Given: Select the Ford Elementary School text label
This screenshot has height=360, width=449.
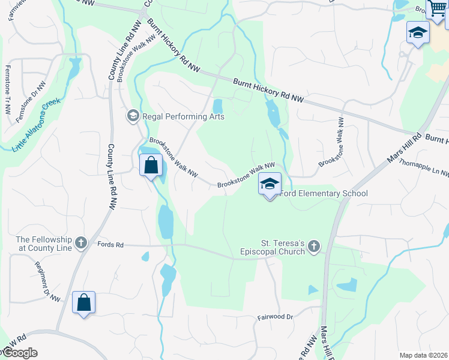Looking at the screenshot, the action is coord(324,193).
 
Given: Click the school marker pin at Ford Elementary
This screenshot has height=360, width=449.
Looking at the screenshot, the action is coord(270,184).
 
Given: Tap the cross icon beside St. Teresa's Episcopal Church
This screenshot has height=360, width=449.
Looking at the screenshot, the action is coord(314,247).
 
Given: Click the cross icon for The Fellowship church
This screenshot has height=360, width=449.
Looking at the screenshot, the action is coord(80,244).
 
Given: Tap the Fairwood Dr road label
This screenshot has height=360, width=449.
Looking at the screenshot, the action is coord(275,316).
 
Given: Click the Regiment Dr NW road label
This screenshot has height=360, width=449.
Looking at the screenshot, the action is coord(47,281).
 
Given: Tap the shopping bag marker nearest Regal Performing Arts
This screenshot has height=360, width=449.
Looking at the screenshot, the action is coord(151,165).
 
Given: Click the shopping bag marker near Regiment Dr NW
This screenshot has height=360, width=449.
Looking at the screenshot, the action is coord(83,302).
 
